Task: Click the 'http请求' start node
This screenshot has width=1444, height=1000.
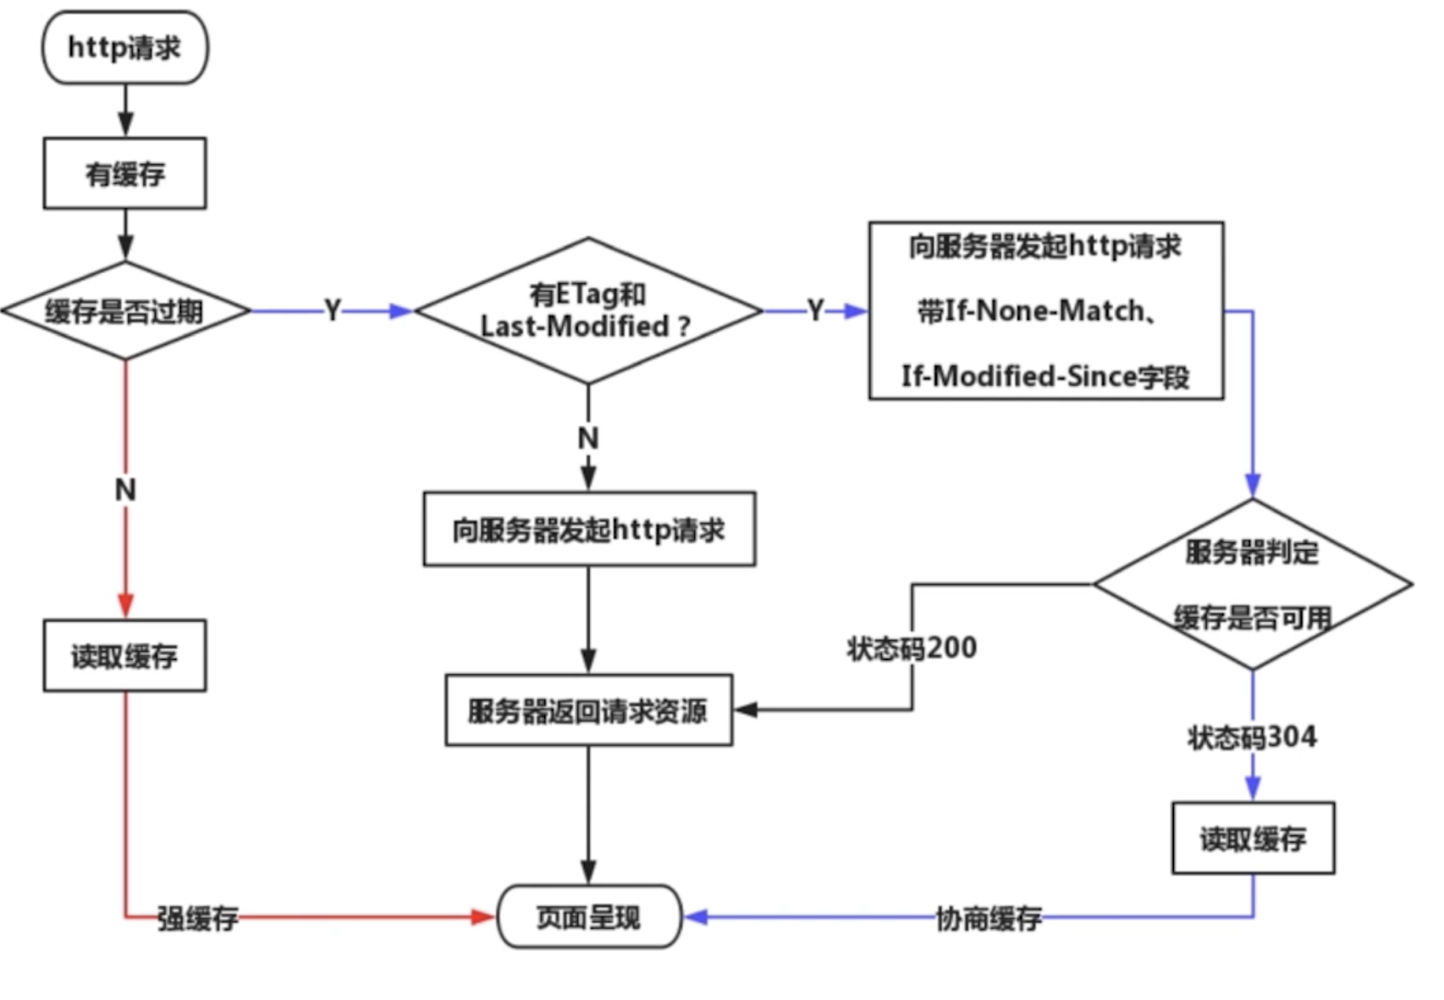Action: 125,47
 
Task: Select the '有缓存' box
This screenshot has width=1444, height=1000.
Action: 125,173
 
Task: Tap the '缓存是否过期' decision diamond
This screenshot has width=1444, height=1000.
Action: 125,311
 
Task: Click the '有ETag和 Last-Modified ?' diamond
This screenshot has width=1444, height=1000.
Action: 588,311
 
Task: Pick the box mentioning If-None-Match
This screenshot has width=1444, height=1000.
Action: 1046,310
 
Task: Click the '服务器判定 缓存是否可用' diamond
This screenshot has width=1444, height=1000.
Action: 1253,584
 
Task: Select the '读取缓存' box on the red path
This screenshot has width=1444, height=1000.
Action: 125,656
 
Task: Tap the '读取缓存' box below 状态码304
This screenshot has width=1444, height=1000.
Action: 1253,838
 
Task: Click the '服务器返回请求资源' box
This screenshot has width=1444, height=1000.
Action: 588,711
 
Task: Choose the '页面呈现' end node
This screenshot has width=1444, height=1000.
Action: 589,917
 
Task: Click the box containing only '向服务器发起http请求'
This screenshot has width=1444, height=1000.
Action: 589,530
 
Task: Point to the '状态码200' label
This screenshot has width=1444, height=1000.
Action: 912,648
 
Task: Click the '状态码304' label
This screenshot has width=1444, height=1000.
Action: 1253,737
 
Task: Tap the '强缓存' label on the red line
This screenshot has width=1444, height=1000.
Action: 198,918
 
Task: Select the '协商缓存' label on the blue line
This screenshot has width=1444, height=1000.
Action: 989,918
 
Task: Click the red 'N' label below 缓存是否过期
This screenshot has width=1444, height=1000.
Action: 125,489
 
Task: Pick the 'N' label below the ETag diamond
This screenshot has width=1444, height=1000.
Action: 588,437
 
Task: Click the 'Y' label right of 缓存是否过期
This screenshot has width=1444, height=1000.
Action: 333,310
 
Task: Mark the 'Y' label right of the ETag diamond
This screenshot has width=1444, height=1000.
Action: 815,310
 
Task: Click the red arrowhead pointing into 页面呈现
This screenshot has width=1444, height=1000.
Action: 483,917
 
